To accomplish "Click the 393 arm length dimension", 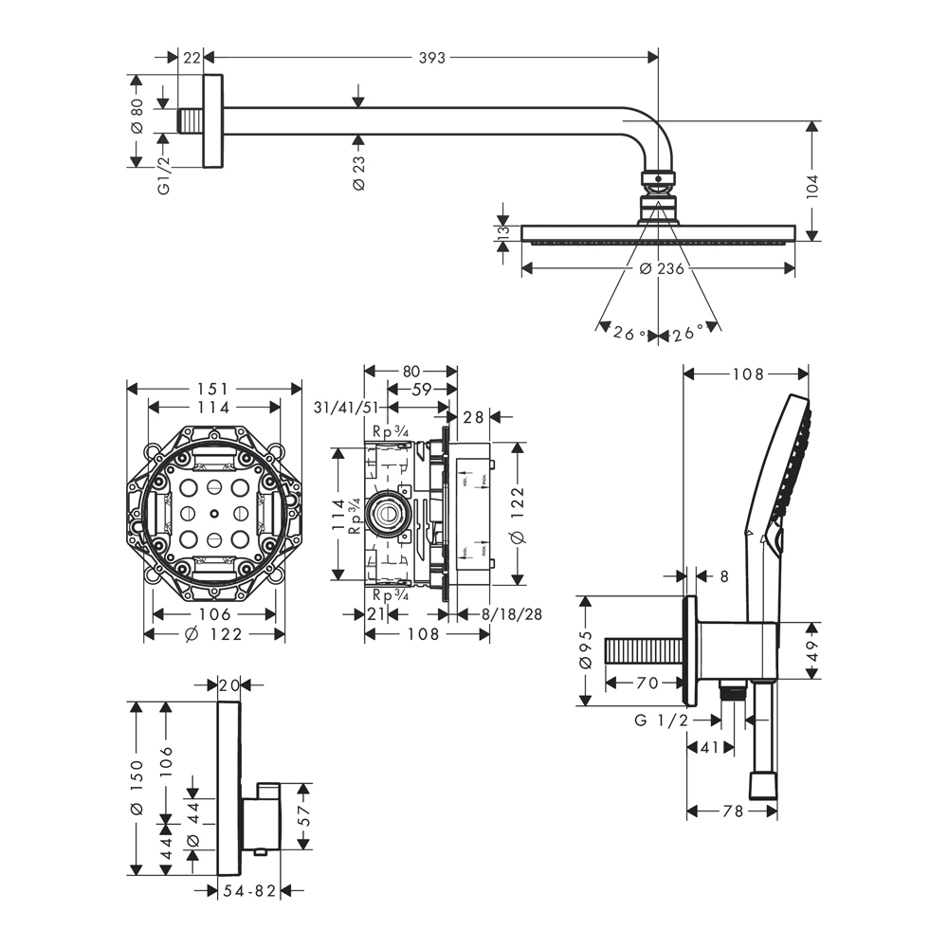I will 431,58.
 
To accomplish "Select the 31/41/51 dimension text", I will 346,408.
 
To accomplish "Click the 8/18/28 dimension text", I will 512,614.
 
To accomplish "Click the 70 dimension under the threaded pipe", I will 647,682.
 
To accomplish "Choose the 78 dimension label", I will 732,811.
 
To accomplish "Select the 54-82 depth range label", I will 248,890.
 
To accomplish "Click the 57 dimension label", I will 304,815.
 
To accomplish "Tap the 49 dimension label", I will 812,649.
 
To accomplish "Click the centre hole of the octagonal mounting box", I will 215,514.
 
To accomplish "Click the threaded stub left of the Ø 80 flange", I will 191,122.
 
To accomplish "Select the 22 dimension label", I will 191,58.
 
